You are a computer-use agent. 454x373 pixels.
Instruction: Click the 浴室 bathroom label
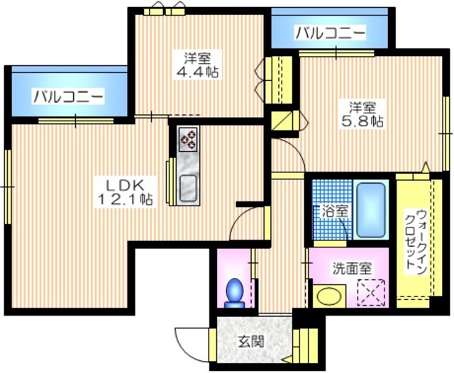pyautogui.click(x=335, y=211)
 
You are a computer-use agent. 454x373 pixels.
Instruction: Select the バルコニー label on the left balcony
pyautogui.click(x=69, y=96)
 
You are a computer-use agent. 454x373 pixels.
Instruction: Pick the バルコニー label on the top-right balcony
pyautogui.click(x=330, y=33)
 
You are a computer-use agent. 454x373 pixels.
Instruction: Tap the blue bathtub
pyautogui.click(x=371, y=211)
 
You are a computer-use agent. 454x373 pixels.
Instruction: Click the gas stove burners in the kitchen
pyautogui.click(x=188, y=138)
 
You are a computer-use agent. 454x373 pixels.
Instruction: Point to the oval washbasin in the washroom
pyautogui.click(x=328, y=295)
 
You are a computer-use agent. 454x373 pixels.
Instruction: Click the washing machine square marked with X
pyautogui.click(x=369, y=291)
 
